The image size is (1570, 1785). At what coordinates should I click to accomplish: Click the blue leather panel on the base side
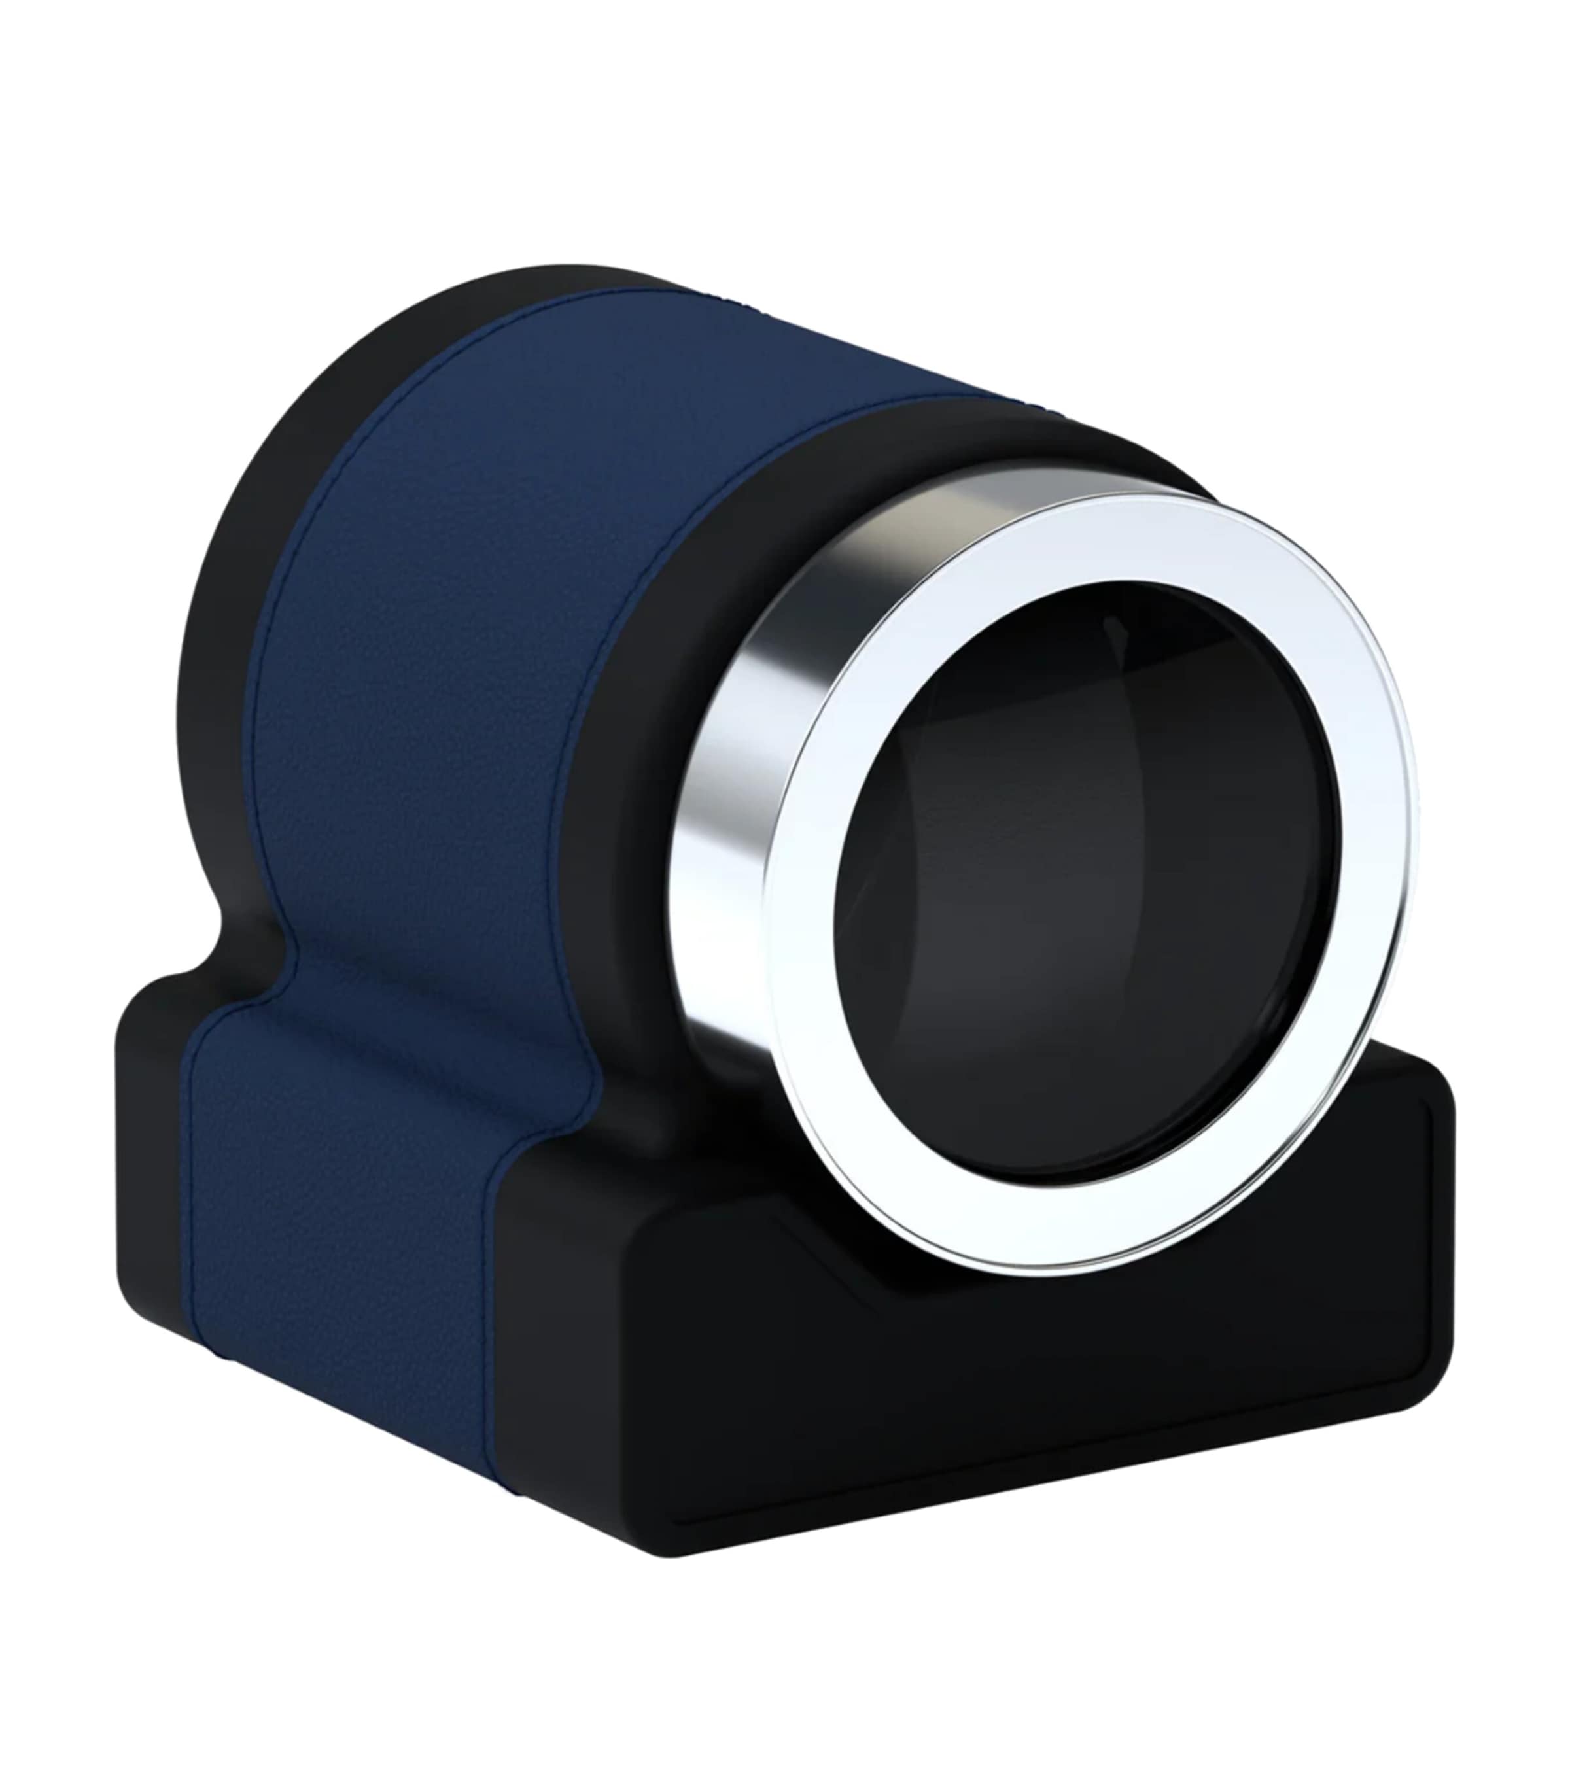pos(349,1266)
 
